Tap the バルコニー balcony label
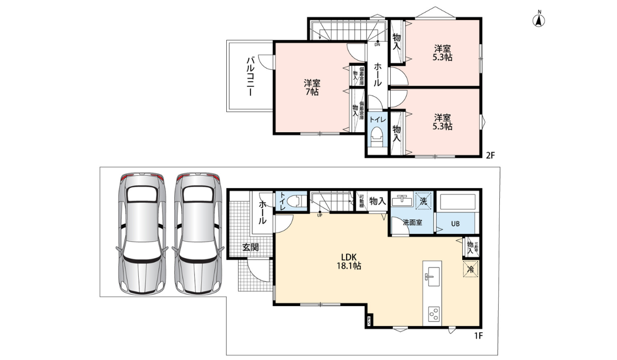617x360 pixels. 250,77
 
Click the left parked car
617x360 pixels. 141,233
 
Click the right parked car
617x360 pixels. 198,233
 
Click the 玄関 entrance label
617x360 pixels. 250,247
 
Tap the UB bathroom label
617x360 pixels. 455,224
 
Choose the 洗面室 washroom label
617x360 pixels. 412,223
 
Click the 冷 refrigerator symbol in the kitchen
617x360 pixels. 470,269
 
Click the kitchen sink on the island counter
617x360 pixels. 432,278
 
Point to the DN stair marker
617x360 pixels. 377,44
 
